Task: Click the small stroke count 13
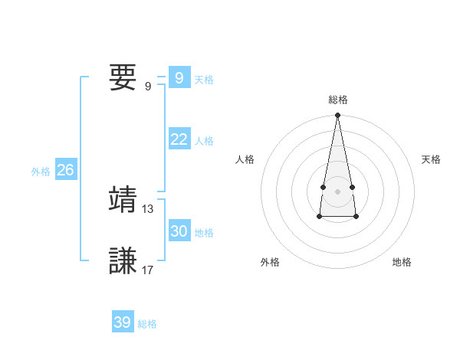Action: click(148, 208)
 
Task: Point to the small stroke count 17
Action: click(148, 270)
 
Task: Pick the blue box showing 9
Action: click(179, 78)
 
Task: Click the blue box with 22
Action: click(179, 139)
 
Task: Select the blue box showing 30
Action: click(179, 231)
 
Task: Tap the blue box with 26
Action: click(65, 170)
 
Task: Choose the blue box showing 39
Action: click(122, 322)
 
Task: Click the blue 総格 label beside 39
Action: click(147, 324)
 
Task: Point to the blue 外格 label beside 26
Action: click(41, 172)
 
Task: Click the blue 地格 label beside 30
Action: click(204, 233)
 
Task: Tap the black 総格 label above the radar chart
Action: click(337, 100)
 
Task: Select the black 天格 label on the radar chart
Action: click(431, 159)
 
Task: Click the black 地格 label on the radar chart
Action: click(402, 262)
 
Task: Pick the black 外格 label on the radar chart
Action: click(270, 262)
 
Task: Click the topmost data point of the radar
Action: click(337, 116)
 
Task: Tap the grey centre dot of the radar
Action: click(337, 191)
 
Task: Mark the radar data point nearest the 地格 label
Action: click(356, 218)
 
